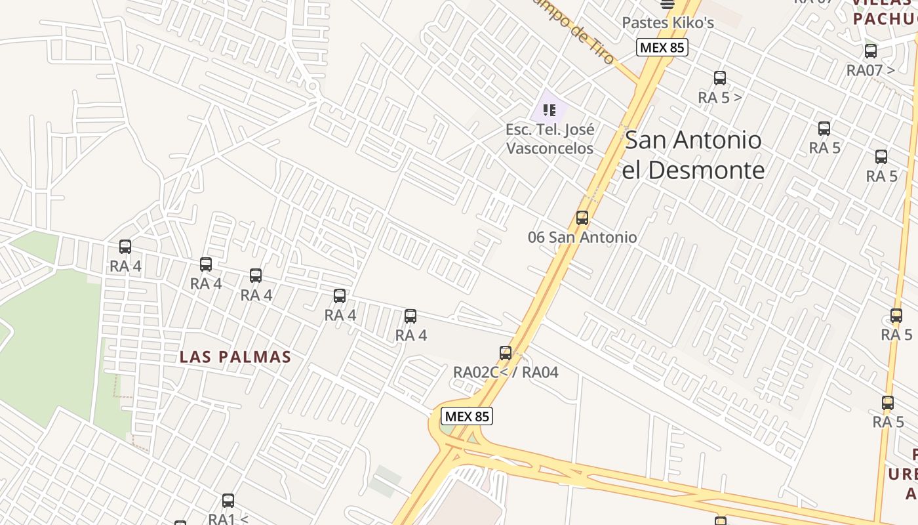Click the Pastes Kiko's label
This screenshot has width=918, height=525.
(x=668, y=22)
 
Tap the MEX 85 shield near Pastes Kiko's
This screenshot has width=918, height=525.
(x=662, y=47)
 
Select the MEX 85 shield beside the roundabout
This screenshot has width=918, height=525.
(x=467, y=416)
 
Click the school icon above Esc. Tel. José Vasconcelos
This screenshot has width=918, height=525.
(x=549, y=110)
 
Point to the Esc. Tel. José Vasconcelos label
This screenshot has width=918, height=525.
(x=549, y=139)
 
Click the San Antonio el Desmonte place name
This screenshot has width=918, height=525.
(x=693, y=155)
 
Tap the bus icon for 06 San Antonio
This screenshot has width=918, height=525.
(x=582, y=218)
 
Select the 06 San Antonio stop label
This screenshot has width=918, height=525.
(x=582, y=238)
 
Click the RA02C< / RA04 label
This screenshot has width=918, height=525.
(x=506, y=372)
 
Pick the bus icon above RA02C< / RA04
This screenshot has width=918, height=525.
(x=506, y=353)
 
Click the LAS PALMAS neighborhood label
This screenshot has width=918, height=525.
(x=235, y=357)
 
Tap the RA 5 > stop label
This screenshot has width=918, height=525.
(x=720, y=98)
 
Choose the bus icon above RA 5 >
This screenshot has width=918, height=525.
(x=720, y=79)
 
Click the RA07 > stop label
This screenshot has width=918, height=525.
(x=870, y=70)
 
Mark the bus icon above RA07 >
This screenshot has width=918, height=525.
(x=871, y=51)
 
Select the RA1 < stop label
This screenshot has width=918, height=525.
(x=228, y=518)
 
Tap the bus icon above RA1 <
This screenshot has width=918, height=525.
(x=228, y=501)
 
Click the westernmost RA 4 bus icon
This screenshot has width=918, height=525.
(x=125, y=247)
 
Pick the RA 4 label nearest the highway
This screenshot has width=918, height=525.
(x=410, y=335)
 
